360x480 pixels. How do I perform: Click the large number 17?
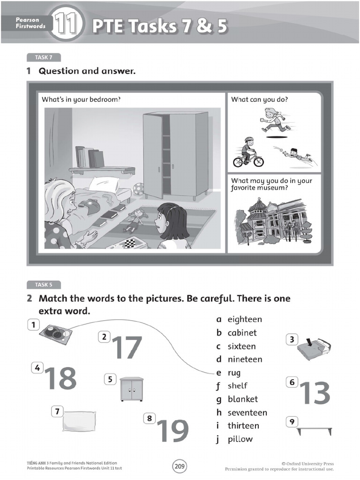pyautogui.click(x=127, y=347)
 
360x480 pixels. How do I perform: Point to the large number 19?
pyautogui.click(x=172, y=431)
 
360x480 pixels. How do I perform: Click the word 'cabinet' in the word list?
pyautogui.click(x=242, y=333)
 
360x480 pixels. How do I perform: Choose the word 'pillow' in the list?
pyautogui.click(x=240, y=439)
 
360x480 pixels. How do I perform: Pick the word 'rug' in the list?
pyautogui.click(x=234, y=373)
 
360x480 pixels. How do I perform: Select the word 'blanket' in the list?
pyautogui.click(x=242, y=399)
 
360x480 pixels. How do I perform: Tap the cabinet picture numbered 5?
pyautogui.click(x=131, y=389)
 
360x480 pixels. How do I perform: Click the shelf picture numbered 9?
pyautogui.click(x=315, y=431)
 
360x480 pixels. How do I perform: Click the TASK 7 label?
pyautogui.click(x=41, y=58)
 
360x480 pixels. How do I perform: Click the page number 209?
pyautogui.click(x=180, y=465)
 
